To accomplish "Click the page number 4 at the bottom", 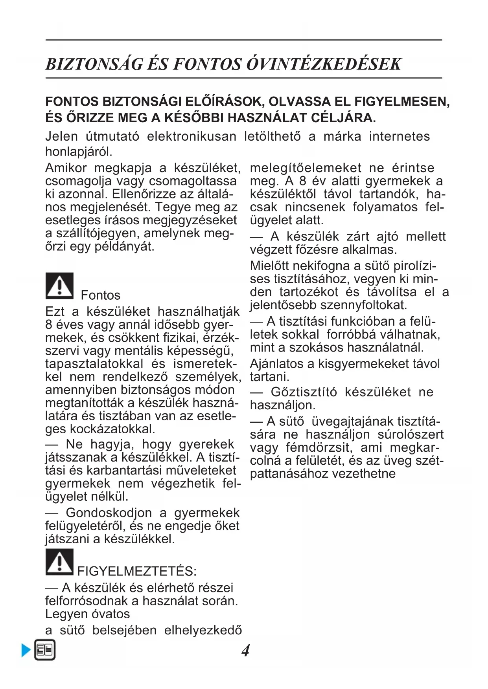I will click(245, 651).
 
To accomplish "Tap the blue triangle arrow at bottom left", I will click(26, 651).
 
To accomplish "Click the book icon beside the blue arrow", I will click(44, 650).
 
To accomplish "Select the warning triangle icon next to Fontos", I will click(59, 286).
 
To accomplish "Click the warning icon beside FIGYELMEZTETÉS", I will click(59, 562).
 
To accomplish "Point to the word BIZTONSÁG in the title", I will click(94, 64).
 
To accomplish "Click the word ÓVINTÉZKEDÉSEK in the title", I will click(324, 64).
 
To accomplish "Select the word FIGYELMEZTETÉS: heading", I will click(137, 571).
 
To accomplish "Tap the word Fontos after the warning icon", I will click(101, 295).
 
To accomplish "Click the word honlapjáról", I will click(79, 151).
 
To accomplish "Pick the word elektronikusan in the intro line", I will click(192, 136).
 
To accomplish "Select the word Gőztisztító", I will click(304, 392).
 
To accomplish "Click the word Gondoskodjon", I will click(109, 513).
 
